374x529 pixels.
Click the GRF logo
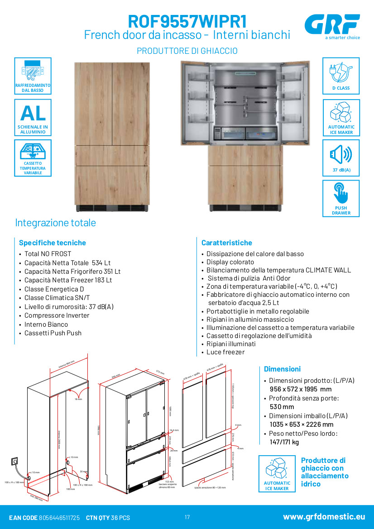tap(332, 24)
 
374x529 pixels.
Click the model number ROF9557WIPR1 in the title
tap(187, 21)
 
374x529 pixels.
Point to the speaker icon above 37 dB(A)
tap(340, 155)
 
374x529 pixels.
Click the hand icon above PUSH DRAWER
tap(340, 194)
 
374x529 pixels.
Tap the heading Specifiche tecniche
tap(52, 243)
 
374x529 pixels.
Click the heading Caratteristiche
tap(226, 243)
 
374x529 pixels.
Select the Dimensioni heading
tap(282, 369)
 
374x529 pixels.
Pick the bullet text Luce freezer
tap(225, 352)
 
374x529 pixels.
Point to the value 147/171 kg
tap(284, 442)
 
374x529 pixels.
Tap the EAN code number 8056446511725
tap(59, 517)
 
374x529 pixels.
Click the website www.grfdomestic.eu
tap(324, 517)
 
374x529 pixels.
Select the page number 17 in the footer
tap(187, 517)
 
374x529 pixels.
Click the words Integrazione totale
tap(55, 223)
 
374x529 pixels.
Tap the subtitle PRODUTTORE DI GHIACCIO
tap(187, 51)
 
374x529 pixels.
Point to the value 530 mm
tap(282, 407)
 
